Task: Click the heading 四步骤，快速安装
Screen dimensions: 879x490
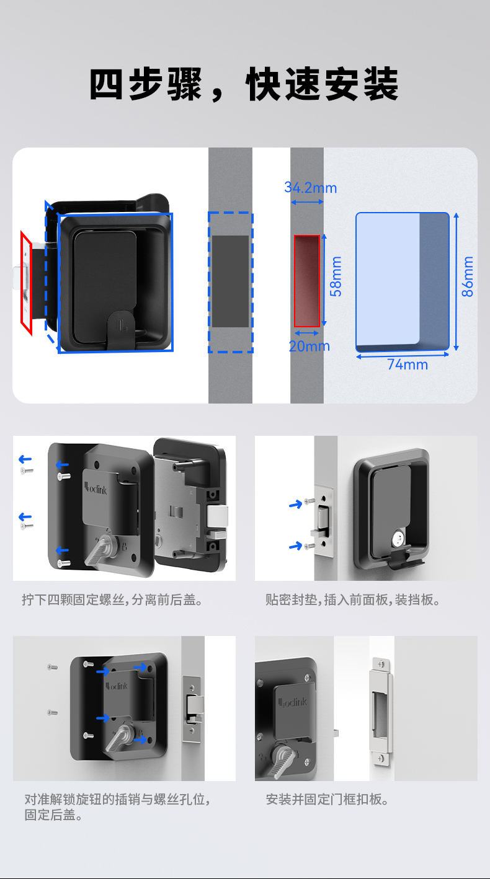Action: click(244, 85)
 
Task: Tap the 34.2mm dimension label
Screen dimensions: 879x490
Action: click(310, 187)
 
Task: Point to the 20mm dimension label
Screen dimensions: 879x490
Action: click(309, 346)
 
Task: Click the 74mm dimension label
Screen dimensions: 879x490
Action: click(408, 364)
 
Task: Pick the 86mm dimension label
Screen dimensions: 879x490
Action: click(468, 276)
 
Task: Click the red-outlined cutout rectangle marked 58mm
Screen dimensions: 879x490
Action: click(306, 281)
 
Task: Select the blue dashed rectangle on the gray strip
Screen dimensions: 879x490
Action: click(230, 282)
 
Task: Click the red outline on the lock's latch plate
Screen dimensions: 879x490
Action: click(26, 283)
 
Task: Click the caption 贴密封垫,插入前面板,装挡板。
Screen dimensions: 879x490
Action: click(353, 600)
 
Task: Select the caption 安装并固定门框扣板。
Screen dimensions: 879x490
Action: click(328, 800)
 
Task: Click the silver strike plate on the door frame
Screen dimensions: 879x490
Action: click(380, 709)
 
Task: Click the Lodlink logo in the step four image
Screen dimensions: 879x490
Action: click(293, 702)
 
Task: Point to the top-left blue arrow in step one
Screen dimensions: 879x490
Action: click(25, 459)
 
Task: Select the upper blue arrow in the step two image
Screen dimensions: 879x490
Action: click(296, 505)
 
